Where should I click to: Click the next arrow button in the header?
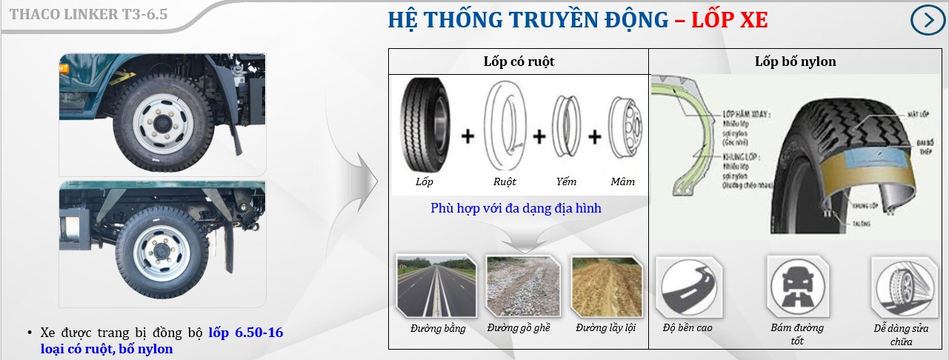pyautogui.click(x=928, y=20)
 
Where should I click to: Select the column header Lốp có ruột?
pyautogui.click(x=519, y=61)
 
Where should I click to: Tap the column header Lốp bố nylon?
pyautogui.click(x=795, y=61)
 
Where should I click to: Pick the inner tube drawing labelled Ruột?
pyautogui.click(x=504, y=127)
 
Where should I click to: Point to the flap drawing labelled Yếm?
pyautogui.click(x=567, y=128)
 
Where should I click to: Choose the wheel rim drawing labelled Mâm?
pyautogui.click(x=623, y=128)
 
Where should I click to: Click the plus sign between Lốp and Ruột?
pyautogui.click(x=467, y=136)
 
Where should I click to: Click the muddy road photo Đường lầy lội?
pyautogui.click(x=605, y=286)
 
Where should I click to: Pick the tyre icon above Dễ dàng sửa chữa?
pyautogui.click(x=900, y=287)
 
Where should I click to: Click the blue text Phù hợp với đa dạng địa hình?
pyautogui.click(x=516, y=208)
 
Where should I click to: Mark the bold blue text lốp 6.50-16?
pyautogui.click(x=245, y=333)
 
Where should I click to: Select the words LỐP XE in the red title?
pyautogui.click(x=729, y=20)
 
